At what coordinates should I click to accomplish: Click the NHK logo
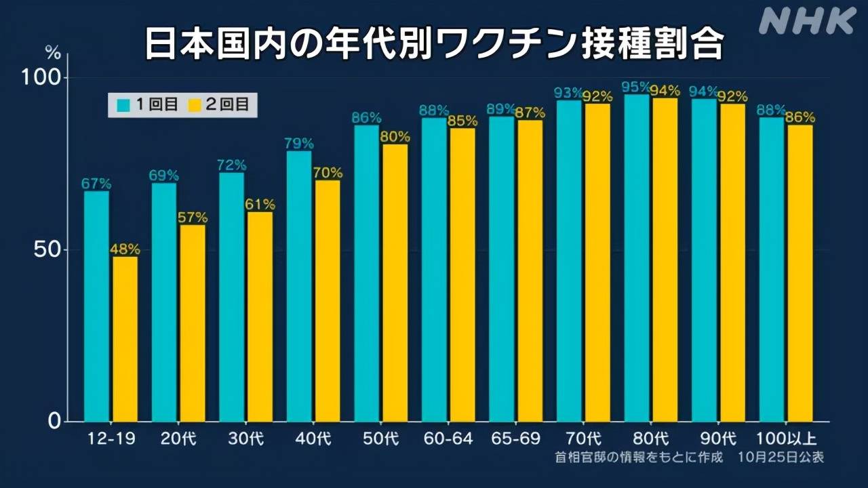tap(807, 21)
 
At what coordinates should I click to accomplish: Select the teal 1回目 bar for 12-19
tap(96, 305)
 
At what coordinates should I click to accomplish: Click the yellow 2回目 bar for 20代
tap(193, 323)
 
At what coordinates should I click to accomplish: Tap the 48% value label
tap(125, 249)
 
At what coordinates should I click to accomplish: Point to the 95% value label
tap(636, 87)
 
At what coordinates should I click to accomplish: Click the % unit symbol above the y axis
tap(53, 50)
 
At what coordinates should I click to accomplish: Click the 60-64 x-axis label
tap(448, 439)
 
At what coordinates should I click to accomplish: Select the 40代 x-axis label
tap(313, 439)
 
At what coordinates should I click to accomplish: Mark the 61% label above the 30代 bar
tap(260, 204)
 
